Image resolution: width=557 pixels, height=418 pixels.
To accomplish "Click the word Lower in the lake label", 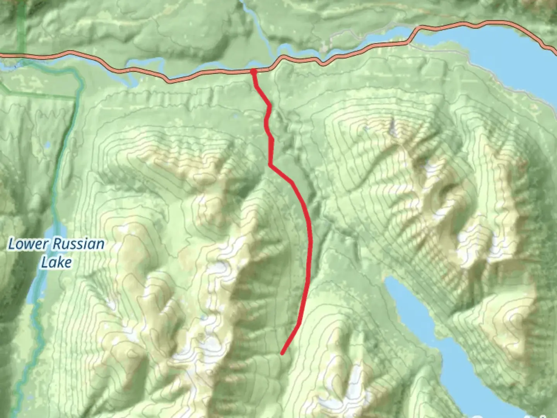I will click(x=28, y=245).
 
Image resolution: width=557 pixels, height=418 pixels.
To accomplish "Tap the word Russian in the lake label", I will click(x=79, y=245).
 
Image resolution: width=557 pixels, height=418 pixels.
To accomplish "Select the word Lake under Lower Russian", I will click(x=56, y=263).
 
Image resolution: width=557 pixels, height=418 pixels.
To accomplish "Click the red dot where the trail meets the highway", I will click(x=253, y=71).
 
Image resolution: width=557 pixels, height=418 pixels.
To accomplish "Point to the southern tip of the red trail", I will click(x=282, y=353).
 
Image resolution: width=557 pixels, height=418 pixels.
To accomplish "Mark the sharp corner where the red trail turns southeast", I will click(x=270, y=165).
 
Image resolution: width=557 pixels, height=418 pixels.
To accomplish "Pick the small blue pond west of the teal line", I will click(x=48, y=146).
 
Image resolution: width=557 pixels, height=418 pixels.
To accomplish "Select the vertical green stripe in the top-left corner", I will click(x=21, y=23).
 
